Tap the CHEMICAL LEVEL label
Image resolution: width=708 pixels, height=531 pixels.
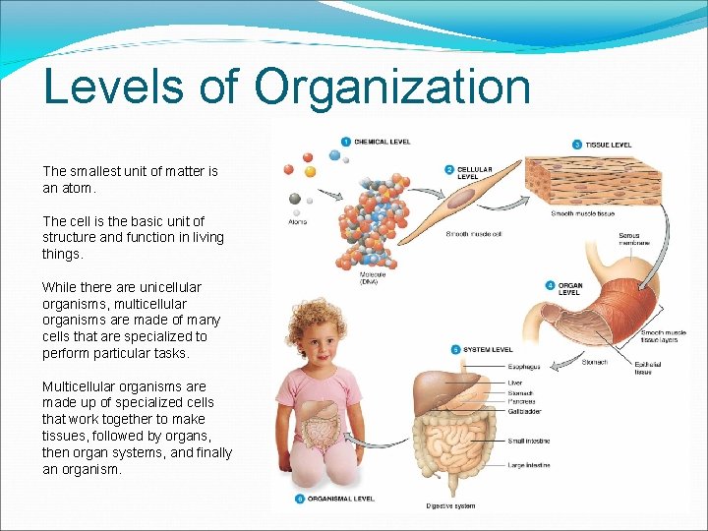click(x=383, y=143)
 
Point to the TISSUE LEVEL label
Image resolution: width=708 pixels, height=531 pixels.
click(x=610, y=145)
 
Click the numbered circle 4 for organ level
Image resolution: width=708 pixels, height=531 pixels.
click(x=551, y=286)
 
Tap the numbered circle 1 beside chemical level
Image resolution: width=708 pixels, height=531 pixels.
click(x=346, y=142)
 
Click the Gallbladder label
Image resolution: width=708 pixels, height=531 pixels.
click(x=525, y=413)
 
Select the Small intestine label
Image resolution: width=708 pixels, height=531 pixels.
click(x=529, y=442)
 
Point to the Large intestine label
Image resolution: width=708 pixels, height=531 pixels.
click(x=529, y=465)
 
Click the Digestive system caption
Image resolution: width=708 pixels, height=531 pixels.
click(x=451, y=506)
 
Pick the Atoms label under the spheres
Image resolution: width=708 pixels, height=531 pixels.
click(x=298, y=222)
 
